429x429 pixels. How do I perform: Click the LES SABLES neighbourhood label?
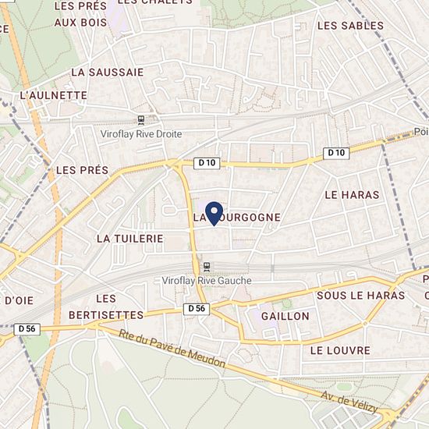[351, 26]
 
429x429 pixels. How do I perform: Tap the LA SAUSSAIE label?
[107, 72]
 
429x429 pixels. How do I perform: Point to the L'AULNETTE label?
[53, 95]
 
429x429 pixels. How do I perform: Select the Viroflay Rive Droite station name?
[140, 134]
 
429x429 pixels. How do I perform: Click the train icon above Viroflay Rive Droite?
[140, 120]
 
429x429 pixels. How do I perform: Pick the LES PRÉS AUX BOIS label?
[80, 14]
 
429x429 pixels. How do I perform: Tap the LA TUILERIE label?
[129, 237]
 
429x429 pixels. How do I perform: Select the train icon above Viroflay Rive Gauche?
[207, 267]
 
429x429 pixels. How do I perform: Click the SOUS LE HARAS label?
[360, 296]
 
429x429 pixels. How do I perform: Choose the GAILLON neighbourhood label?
[286, 316]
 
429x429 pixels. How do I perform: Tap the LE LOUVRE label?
[339, 350]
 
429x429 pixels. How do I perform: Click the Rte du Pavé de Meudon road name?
[173, 350]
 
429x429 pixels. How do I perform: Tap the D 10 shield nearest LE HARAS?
[335, 153]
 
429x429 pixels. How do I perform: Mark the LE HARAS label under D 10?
[351, 194]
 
